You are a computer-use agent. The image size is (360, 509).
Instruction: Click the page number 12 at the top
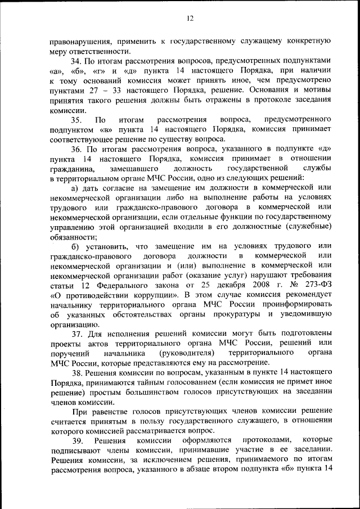[x=190, y=19]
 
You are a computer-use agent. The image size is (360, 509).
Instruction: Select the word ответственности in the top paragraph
[x=96, y=51]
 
